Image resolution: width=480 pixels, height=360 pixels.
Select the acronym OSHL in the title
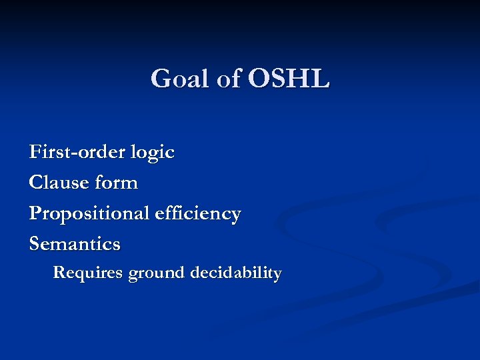[289, 79]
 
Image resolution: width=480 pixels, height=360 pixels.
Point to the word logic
[153, 153]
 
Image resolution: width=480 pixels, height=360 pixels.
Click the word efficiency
[197, 214]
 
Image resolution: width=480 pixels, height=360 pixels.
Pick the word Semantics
[75, 244]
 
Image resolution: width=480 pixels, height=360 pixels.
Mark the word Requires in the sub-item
[87, 273]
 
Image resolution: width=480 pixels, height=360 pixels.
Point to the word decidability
[236, 273]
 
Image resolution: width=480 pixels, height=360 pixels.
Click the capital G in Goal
[161, 79]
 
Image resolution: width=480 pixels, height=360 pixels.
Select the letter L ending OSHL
[320, 79]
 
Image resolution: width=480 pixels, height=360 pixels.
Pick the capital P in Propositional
[35, 213]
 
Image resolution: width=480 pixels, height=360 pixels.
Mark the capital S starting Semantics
[35, 244]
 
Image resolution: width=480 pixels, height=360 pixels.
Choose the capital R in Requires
[58, 273]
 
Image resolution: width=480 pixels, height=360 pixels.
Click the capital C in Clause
[35, 183]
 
